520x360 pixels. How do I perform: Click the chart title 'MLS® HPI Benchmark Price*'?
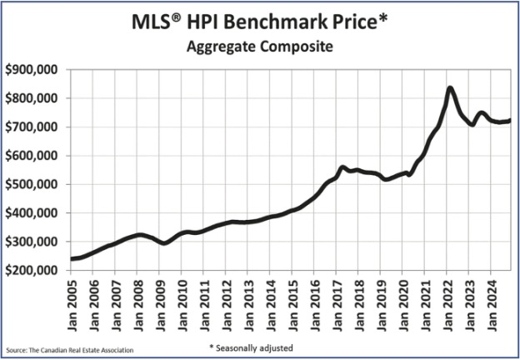(259, 20)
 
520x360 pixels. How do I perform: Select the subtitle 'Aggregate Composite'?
(259, 47)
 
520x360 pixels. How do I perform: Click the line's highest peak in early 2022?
(450, 87)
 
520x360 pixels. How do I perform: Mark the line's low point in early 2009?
(164, 242)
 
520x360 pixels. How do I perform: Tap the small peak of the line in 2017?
(342, 167)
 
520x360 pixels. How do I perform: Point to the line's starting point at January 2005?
(73, 258)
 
